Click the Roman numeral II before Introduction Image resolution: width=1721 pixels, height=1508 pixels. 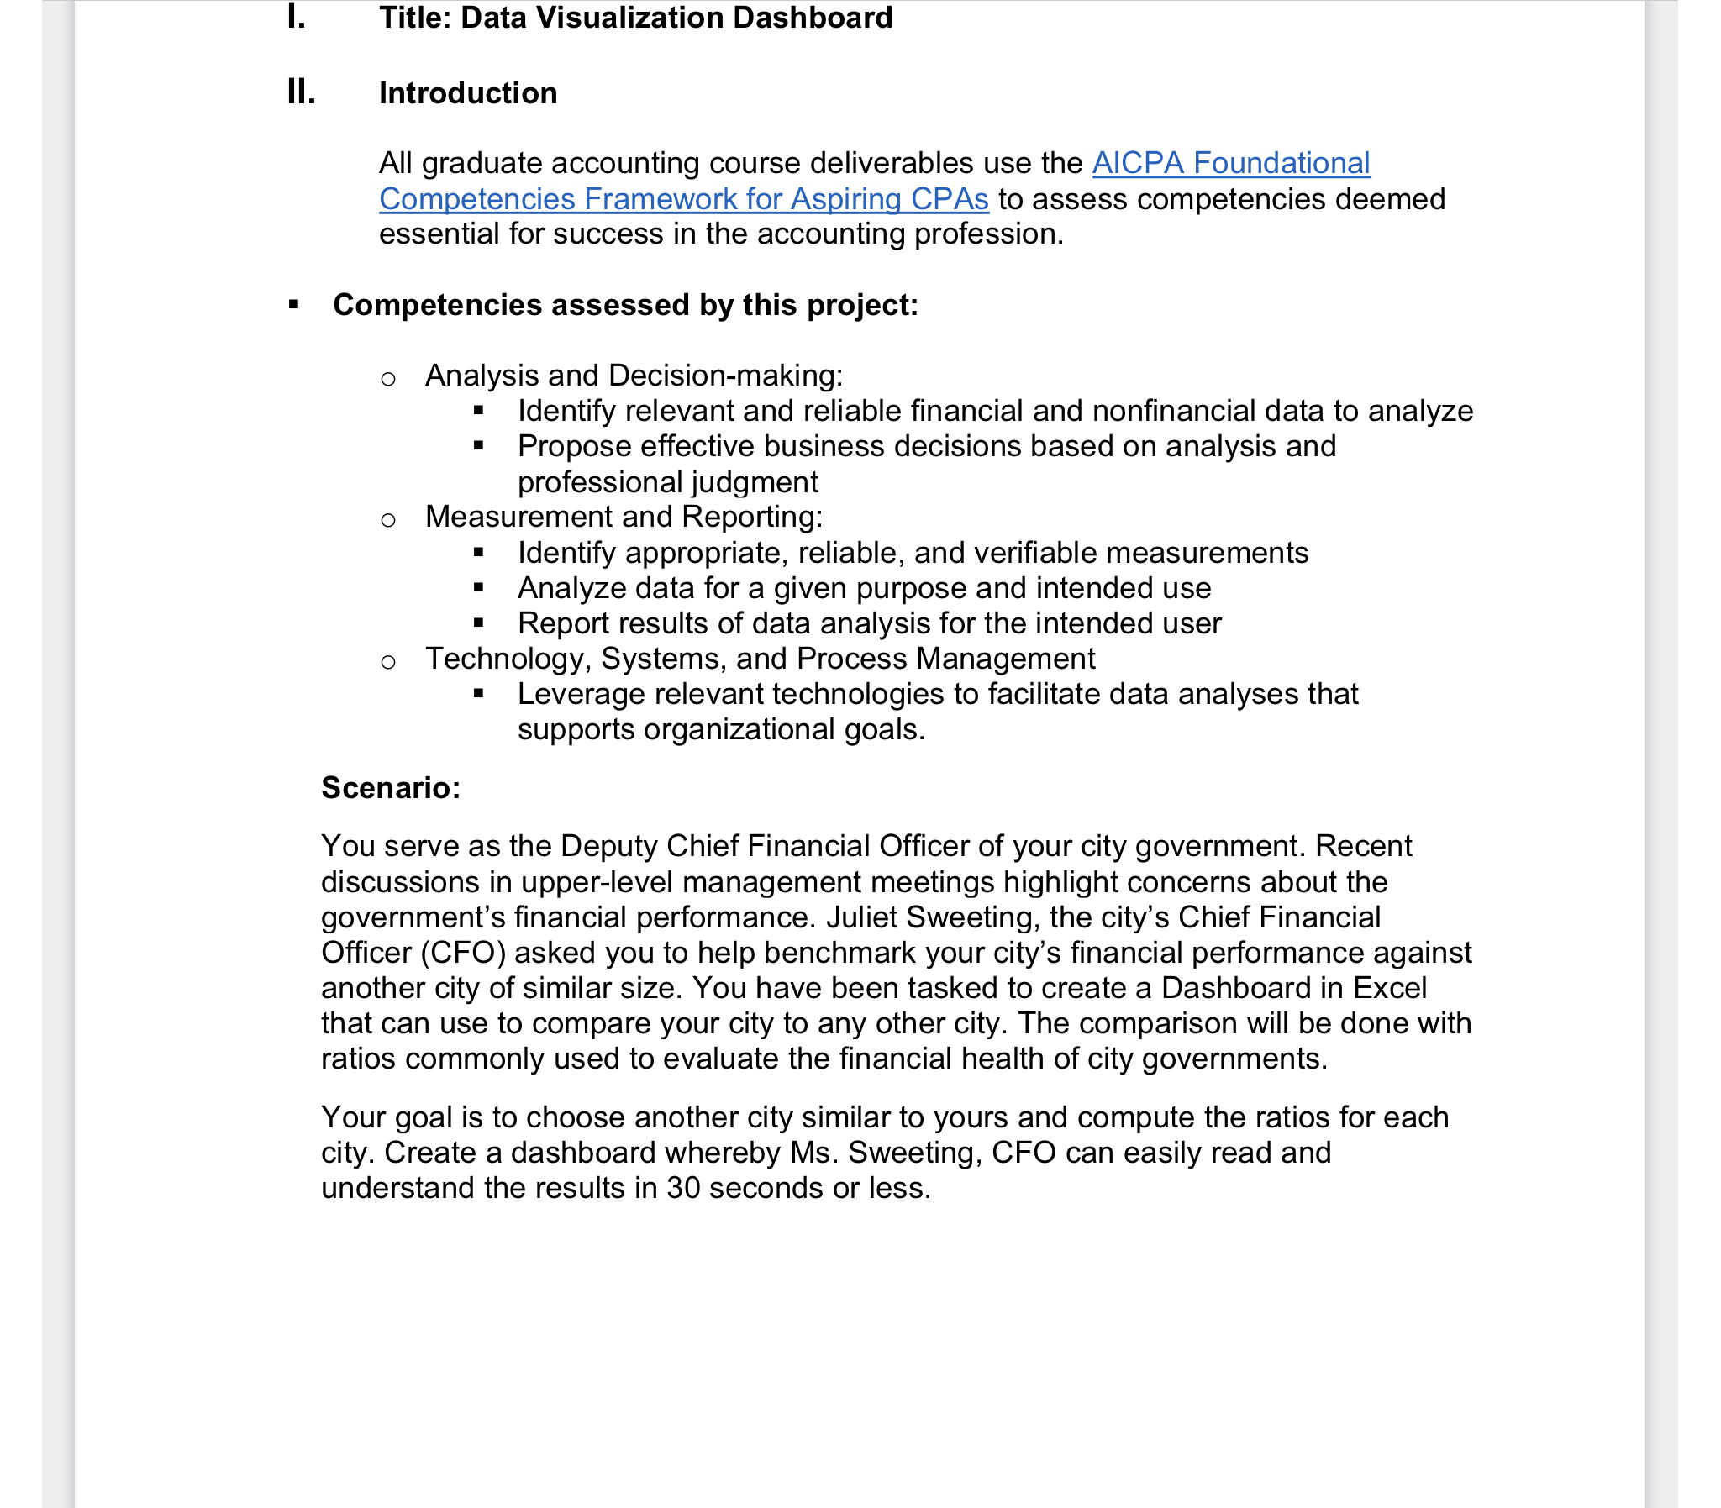301,92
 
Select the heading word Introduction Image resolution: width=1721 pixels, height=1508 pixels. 468,92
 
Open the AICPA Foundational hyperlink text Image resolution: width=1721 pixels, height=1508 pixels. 1230,162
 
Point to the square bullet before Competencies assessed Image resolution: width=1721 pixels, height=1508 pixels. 294,305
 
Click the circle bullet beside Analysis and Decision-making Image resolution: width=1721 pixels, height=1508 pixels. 388,379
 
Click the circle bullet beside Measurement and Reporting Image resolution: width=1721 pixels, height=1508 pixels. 388,520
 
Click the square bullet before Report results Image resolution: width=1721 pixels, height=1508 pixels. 479,623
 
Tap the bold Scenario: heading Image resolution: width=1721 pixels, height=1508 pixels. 392,788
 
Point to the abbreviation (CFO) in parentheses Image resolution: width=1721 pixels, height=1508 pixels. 463,953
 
